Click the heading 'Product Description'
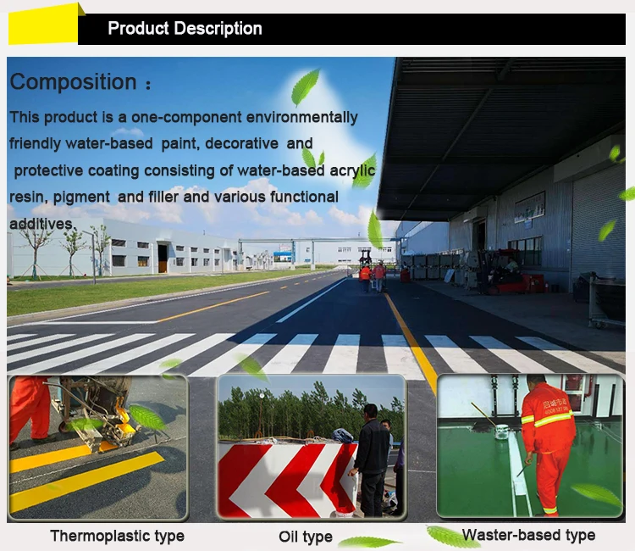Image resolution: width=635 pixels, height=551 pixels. point(185,29)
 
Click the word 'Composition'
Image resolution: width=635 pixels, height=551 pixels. point(73,82)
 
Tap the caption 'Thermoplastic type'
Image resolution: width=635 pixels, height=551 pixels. point(117,535)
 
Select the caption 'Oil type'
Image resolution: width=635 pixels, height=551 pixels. point(306,537)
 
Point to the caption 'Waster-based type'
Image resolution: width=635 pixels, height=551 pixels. point(528,535)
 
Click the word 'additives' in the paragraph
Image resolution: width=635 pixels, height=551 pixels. point(41,223)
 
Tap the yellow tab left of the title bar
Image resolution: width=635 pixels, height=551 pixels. point(42,25)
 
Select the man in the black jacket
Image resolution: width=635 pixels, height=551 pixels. point(371,458)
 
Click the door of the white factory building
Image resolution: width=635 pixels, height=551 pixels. point(162,259)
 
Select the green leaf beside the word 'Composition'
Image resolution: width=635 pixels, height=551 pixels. point(304,86)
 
